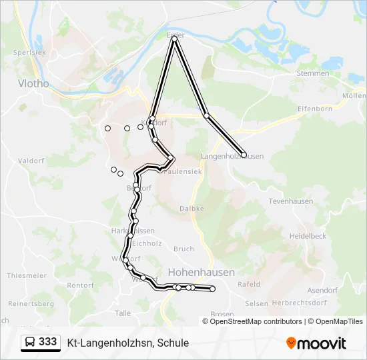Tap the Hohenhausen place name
pos(201,273)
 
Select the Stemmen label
pos(312,73)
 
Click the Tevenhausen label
pos(290,201)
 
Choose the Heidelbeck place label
pos(308,236)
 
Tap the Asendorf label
pos(323,291)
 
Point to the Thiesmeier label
pos(27,275)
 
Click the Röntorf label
pos(81,285)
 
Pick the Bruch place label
pos(183,249)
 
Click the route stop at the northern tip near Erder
pos(175,39)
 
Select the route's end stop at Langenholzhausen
pos(244,155)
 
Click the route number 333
pos(48,342)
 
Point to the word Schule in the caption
pos(173,343)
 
